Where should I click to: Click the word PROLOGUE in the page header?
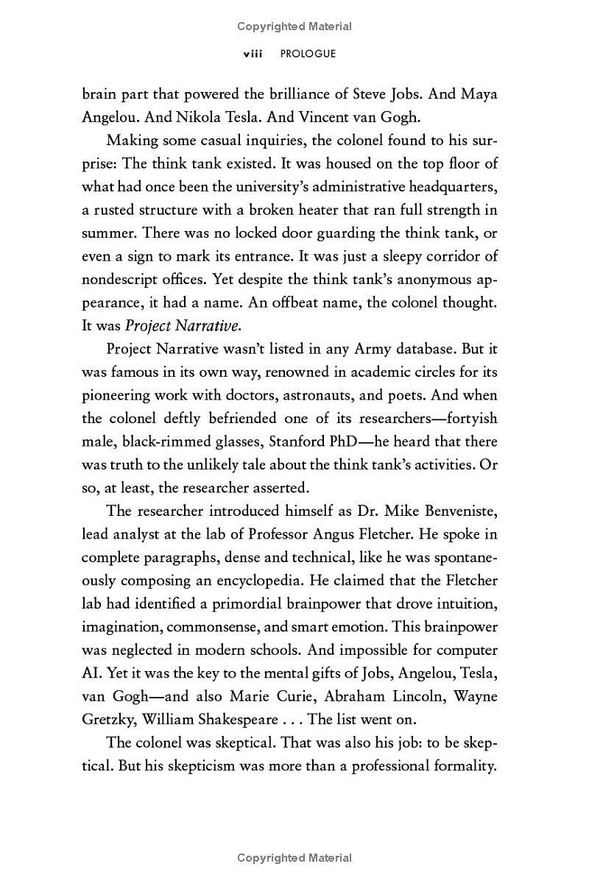tap(308, 54)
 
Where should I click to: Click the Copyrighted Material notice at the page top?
tap(294, 26)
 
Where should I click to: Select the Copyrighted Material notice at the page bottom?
tap(294, 858)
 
